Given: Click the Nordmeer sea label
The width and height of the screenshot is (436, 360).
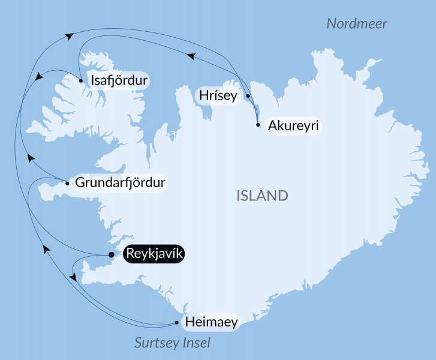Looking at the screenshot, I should click(x=357, y=24).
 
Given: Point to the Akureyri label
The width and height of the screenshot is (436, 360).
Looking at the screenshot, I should click(x=293, y=125).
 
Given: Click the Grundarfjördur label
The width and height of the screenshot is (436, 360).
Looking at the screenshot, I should click(x=119, y=182).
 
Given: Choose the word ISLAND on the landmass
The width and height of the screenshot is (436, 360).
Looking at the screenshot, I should click(x=262, y=196).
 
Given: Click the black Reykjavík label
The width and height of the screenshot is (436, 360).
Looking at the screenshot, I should click(x=153, y=254).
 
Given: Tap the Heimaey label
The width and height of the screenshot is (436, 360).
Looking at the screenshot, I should click(x=212, y=322).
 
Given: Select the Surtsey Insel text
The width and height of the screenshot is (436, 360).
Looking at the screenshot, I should click(x=173, y=343).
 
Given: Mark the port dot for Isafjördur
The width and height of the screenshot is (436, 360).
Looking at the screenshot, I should click(x=80, y=80).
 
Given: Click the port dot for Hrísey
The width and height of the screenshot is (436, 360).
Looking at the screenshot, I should click(x=248, y=95).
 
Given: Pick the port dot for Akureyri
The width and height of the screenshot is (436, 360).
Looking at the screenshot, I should click(x=258, y=125).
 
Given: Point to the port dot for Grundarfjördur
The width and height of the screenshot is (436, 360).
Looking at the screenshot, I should click(x=67, y=183).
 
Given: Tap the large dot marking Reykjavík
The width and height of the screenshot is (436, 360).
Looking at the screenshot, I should click(x=111, y=255).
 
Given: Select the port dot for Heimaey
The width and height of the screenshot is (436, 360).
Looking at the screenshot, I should click(x=176, y=323).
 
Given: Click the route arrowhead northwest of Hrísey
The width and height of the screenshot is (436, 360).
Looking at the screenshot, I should click(x=191, y=56).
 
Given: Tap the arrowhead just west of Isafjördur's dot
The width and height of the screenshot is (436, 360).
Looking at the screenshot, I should click(x=39, y=77).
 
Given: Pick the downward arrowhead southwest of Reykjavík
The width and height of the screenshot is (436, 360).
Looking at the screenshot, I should click(x=73, y=278).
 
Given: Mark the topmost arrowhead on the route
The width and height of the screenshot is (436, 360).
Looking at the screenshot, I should click(x=70, y=37).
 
